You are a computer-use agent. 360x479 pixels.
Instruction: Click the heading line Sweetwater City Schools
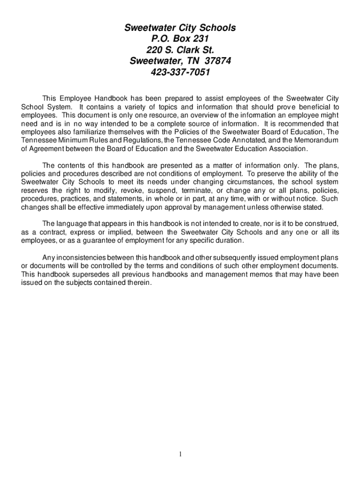(180, 29)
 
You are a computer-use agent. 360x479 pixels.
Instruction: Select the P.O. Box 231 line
(180, 39)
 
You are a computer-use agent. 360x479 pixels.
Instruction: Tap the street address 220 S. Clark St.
(180, 50)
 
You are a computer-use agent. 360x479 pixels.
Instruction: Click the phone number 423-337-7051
(180, 72)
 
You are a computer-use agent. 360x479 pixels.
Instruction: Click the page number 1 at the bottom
(180, 454)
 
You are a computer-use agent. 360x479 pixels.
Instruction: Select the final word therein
(139, 283)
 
